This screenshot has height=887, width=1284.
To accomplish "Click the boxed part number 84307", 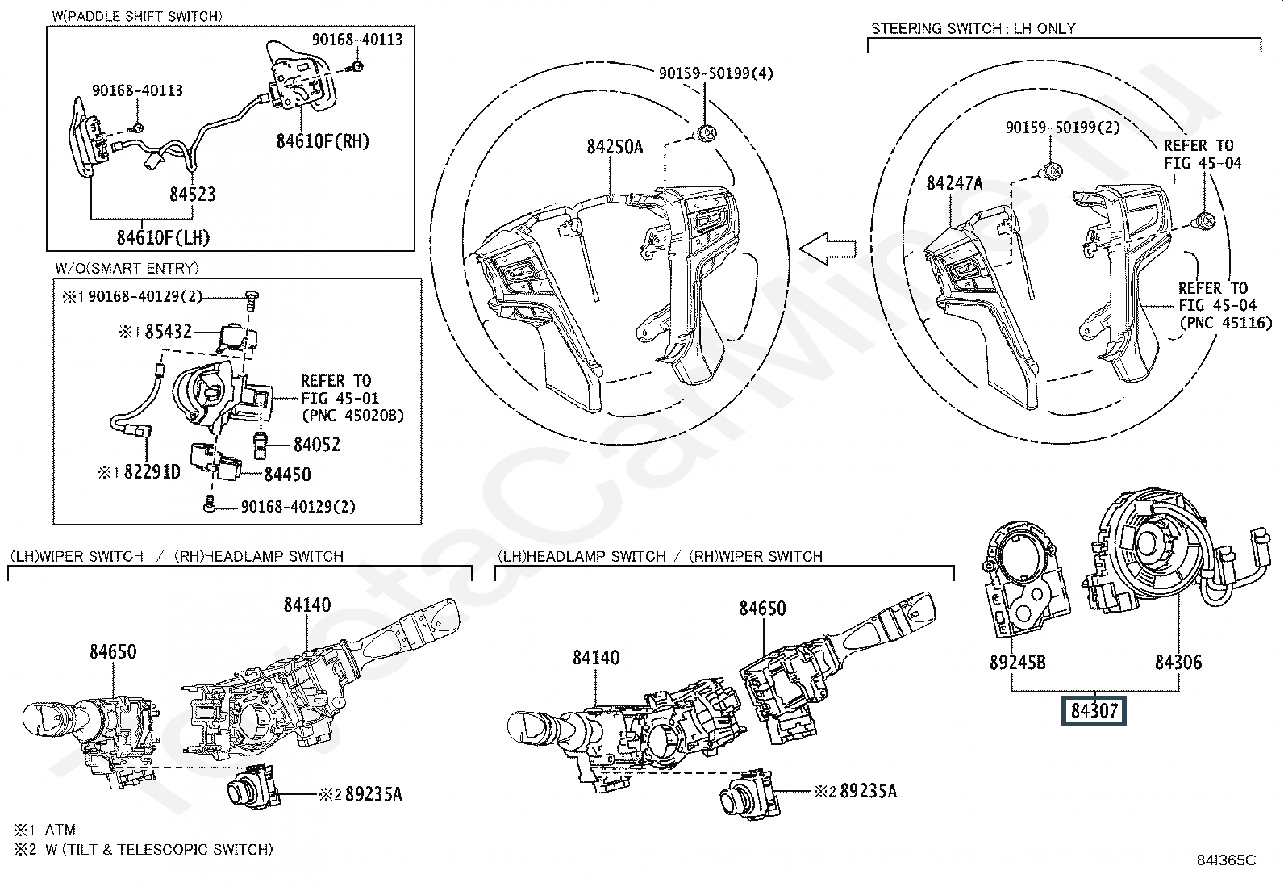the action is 1094,710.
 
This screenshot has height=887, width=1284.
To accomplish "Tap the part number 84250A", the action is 615,147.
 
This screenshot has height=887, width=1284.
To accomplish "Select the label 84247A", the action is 954,183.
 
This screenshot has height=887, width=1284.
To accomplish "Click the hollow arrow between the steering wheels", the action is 827,249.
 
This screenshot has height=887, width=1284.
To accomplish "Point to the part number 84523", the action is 193,195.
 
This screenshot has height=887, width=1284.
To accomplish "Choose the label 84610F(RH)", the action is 323,141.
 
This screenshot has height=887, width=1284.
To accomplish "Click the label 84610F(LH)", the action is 164,237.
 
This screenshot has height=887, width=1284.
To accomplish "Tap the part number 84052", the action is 317,444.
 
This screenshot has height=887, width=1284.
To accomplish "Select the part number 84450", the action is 287,475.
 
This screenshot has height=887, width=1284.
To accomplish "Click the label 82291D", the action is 152,471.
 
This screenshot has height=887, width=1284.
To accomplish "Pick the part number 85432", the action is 168,332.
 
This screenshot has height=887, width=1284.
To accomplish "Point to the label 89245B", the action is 1018,663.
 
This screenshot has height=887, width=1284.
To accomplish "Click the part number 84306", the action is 1178,662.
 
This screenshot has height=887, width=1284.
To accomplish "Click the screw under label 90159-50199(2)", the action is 1052,170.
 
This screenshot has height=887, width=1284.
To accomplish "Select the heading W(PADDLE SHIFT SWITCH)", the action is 137,16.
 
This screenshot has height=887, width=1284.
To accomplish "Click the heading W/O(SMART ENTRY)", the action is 127,268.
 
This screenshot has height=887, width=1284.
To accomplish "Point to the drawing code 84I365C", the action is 1226,860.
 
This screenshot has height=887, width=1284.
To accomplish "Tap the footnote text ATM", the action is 60,829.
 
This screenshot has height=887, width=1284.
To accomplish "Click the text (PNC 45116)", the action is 1226,323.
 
